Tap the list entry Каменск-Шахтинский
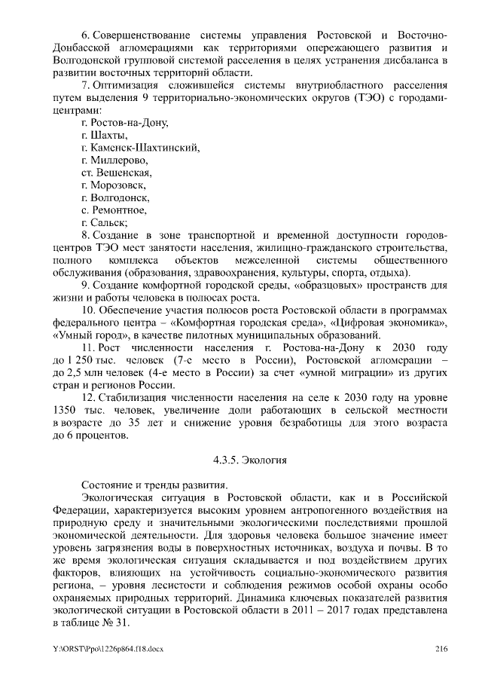tap(139, 148)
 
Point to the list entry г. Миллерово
tap(114, 161)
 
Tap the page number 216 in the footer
tap(441, 649)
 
